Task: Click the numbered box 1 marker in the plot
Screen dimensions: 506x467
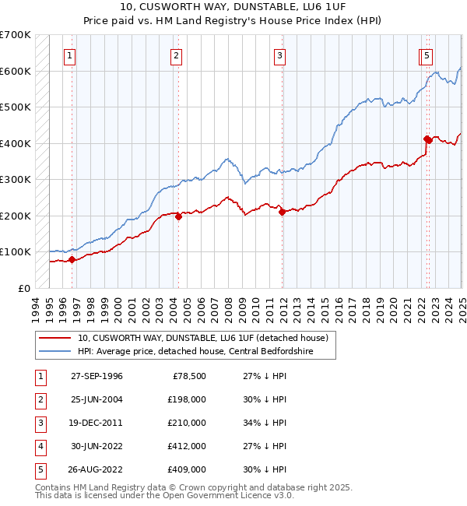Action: (70, 55)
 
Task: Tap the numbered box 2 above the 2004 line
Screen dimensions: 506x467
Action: (177, 55)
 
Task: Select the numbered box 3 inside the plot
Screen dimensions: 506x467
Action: (279, 55)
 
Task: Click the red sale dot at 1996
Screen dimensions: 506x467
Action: (72, 260)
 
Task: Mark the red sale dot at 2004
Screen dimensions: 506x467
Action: (178, 217)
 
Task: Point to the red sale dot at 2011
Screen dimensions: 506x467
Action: (282, 213)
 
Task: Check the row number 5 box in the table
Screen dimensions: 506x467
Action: (39, 469)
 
